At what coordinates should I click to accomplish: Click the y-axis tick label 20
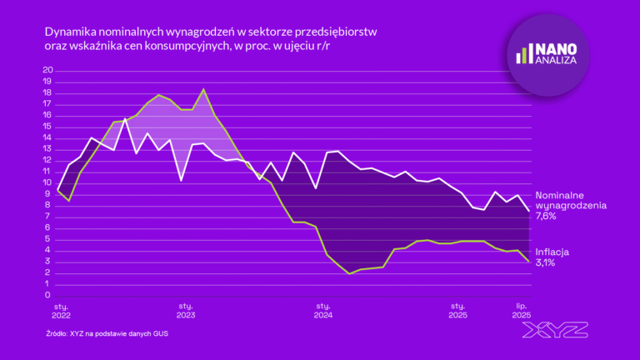point(47,70)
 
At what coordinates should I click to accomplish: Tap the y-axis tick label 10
point(47,182)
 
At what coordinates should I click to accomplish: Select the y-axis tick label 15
point(47,126)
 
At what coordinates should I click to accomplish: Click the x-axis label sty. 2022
point(60,311)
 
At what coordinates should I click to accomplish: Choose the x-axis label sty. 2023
point(185,311)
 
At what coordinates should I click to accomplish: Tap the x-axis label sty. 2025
point(457,311)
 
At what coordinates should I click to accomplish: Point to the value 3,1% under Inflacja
point(547,262)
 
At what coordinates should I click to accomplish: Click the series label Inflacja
point(553,251)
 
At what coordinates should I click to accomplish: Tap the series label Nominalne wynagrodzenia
point(570,199)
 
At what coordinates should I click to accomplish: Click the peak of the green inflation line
point(204,89)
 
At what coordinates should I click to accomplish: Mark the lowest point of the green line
point(350,273)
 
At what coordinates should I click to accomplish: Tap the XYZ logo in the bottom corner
point(554,331)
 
